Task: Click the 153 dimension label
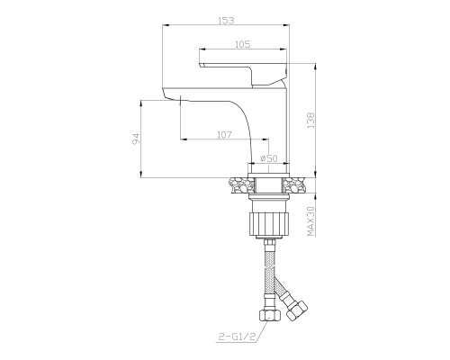226,21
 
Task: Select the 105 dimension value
242,44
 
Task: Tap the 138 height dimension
311,121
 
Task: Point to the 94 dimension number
137,139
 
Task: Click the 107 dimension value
224,135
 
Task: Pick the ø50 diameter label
269,158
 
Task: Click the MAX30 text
311,220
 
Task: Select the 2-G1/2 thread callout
236,337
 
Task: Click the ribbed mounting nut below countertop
269,223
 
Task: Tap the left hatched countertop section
242,185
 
